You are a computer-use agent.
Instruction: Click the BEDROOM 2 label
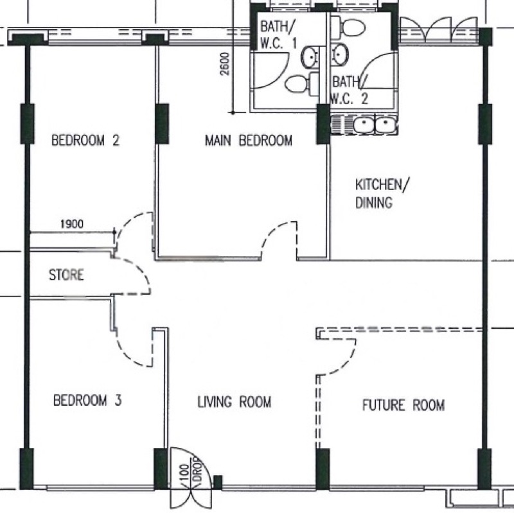click(x=86, y=141)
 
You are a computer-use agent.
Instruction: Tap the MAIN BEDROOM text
click(x=248, y=141)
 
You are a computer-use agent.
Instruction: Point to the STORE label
click(x=66, y=276)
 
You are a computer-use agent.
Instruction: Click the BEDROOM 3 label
click(x=87, y=401)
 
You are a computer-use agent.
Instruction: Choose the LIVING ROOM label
click(x=234, y=403)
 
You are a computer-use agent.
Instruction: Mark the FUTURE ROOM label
click(x=403, y=405)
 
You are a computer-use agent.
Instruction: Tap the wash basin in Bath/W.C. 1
click(x=312, y=57)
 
